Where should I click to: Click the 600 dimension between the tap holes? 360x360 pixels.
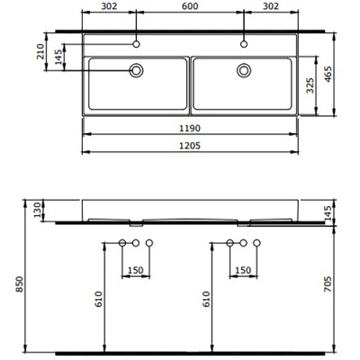tap(190, 8)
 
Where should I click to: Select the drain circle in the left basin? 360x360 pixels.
tap(137, 69)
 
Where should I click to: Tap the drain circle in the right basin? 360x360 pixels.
tap(243, 69)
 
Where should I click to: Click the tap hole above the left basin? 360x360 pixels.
tap(137, 42)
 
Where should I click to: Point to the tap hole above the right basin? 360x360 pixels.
tap(243, 42)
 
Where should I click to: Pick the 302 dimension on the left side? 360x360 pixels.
tap(109, 8)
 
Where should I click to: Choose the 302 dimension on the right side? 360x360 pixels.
tap(271, 8)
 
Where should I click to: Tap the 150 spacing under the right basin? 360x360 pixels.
tap(243, 270)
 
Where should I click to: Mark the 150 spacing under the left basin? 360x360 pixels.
tap(136, 270)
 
